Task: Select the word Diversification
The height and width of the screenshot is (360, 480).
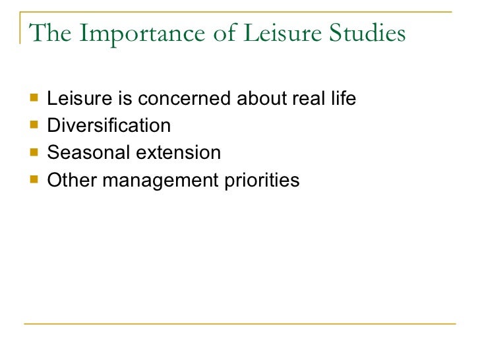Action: [x=109, y=126]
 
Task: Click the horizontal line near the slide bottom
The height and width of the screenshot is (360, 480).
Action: [x=240, y=323]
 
